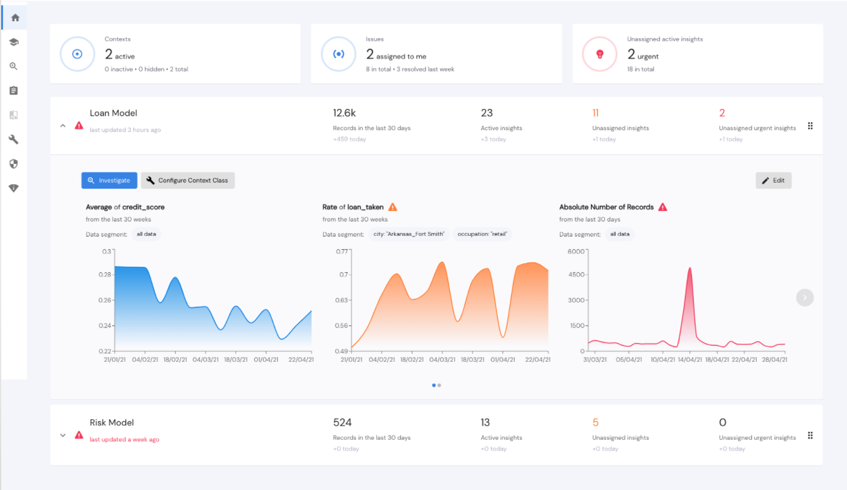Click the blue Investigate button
pos(109,180)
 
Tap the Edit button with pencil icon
pos(773,180)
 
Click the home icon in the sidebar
pos(14,18)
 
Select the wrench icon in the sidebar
pos(14,140)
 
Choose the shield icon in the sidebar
pos(14,164)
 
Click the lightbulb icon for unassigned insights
pos(599,54)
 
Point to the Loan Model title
pos(113,113)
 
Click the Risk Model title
pos(111,423)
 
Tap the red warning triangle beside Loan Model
pos(79,126)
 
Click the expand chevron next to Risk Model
pos(63,435)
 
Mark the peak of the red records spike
pos(690,268)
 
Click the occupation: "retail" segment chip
pos(482,234)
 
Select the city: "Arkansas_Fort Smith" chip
pos(409,234)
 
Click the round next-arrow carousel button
pos(805,297)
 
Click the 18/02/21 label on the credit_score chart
pos(174,359)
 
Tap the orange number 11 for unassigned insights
pos(595,113)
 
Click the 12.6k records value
pos(344,113)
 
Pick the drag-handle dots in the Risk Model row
pos(810,436)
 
